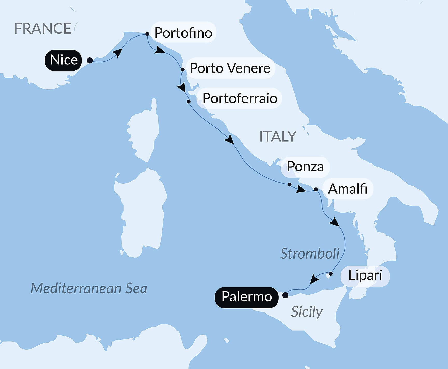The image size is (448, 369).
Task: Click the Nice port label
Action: coord(63,60)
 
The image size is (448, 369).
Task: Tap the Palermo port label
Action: coord(247,297)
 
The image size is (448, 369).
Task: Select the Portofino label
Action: coord(183,33)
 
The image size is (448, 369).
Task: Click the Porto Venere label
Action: coord(230,68)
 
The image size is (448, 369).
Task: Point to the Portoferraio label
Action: coord(240,98)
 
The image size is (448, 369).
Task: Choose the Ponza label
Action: coord(305,167)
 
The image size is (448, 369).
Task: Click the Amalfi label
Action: coord(347,189)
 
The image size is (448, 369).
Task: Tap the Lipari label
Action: coord(365,275)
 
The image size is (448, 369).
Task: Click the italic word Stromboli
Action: coord(310,254)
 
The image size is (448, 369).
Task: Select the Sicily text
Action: coord(307,312)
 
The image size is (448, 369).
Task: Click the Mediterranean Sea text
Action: coord(89,288)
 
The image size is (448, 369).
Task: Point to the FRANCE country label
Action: coord(43,28)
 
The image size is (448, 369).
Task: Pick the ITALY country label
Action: coord(278,136)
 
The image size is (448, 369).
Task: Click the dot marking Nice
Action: coord(90,61)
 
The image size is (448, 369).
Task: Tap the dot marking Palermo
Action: coord(285,295)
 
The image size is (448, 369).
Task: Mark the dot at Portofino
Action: coord(147,34)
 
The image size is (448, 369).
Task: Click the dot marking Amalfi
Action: coord(316,190)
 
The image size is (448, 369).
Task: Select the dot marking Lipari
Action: coord(331,274)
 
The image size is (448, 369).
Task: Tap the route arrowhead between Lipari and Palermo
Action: coord(314,279)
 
